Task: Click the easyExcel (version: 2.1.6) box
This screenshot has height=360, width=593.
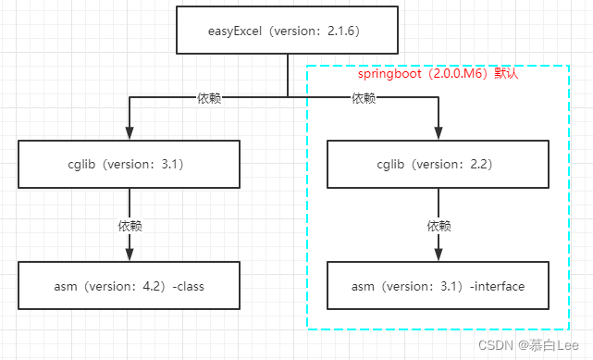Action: (287, 30)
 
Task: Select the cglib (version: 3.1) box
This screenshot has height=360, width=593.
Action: (129, 165)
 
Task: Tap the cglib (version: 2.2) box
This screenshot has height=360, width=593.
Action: (438, 165)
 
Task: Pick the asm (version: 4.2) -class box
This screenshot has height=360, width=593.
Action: (129, 286)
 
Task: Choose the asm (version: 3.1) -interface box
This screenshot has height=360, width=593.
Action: (438, 286)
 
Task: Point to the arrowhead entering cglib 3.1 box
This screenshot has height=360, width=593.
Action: (129, 133)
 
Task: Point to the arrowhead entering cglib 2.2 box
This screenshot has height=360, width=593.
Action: (438, 133)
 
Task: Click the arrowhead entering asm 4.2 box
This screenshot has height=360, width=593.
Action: (129, 254)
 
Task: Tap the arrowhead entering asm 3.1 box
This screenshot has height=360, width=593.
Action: (438, 254)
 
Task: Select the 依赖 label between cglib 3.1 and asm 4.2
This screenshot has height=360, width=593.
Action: (130, 225)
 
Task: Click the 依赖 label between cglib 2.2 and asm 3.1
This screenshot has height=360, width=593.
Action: (439, 225)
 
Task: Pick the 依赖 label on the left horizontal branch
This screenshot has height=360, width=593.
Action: (209, 98)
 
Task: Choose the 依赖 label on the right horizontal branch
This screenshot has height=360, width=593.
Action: (364, 98)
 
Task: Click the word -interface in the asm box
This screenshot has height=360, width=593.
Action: (498, 286)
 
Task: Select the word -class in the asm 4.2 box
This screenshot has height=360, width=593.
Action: (186, 286)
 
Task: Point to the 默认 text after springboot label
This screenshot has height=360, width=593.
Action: (506, 73)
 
